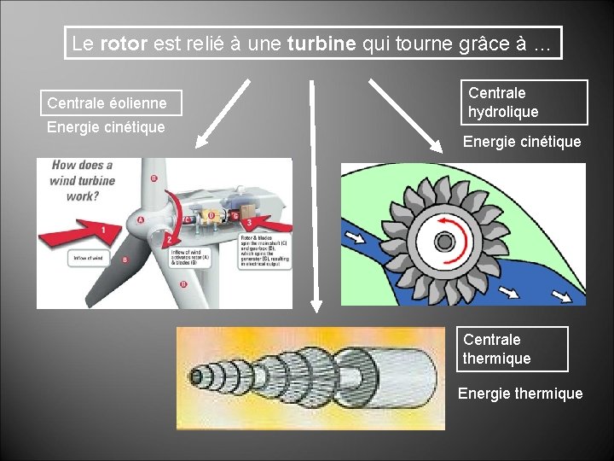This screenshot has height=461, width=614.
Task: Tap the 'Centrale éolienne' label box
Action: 107,103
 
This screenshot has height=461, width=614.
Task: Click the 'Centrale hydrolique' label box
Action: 525,102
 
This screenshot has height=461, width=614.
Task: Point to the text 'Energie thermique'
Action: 520,394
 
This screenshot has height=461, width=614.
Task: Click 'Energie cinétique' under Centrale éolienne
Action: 106,127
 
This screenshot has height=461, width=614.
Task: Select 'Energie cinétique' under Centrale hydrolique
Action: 522,141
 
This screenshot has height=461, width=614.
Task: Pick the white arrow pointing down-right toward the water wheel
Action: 403,112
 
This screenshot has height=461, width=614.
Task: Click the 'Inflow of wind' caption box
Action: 90,258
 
